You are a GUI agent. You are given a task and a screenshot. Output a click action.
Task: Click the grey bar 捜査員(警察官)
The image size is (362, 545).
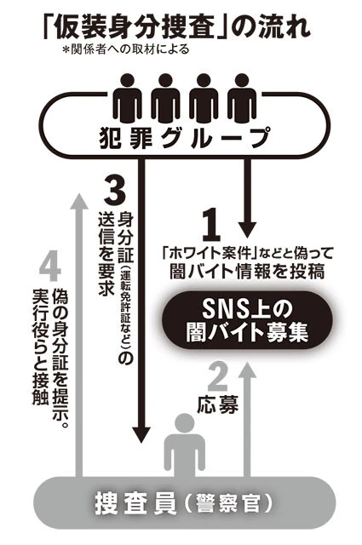(181, 509)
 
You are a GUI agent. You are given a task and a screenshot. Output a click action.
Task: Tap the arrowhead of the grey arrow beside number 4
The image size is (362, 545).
(79, 200)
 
